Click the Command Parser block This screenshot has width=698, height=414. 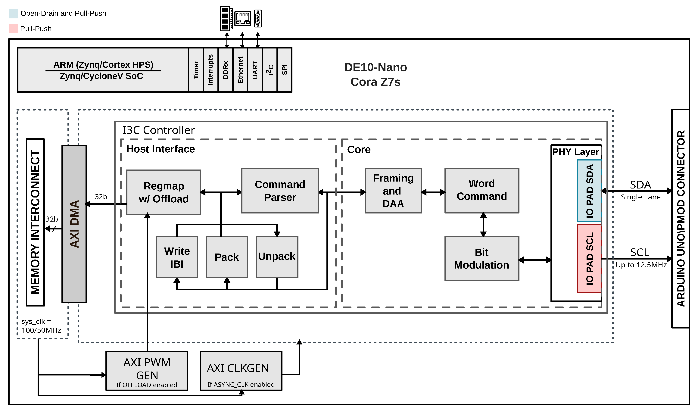280,191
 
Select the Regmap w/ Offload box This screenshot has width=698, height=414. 164,192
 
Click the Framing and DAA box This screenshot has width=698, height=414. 393,191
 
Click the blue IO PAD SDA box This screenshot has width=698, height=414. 589,191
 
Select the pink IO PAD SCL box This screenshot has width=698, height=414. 589,259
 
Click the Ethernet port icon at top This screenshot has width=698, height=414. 243,18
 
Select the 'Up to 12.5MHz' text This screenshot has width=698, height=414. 641,265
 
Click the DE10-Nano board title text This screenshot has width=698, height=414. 375,67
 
